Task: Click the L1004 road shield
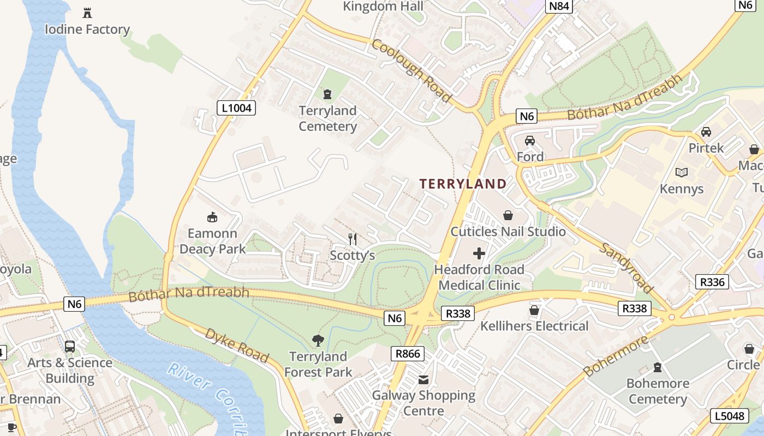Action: (x=237, y=108)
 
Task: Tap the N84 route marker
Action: (x=559, y=7)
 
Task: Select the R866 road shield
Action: (x=408, y=354)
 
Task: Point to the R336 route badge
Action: (x=713, y=282)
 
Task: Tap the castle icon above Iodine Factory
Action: (x=87, y=13)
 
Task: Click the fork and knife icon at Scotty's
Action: (x=353, y=239)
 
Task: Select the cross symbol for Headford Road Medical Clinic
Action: (x=479, y=253)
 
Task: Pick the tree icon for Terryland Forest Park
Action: (x=318, y=341)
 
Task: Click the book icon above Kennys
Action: (x=682, y=173)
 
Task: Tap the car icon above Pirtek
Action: (x=706, y=132)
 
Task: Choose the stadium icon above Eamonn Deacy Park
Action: (x=212, y=217)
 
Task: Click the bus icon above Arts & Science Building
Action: (x=70, y=346)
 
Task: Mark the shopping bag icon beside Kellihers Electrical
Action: (x=534, y=310)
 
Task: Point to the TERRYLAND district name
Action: (x=463, y=184)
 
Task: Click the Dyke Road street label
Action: (x=237, y=346)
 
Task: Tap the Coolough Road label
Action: (x=412, y=70)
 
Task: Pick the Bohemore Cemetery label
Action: (x=658, y=391)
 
